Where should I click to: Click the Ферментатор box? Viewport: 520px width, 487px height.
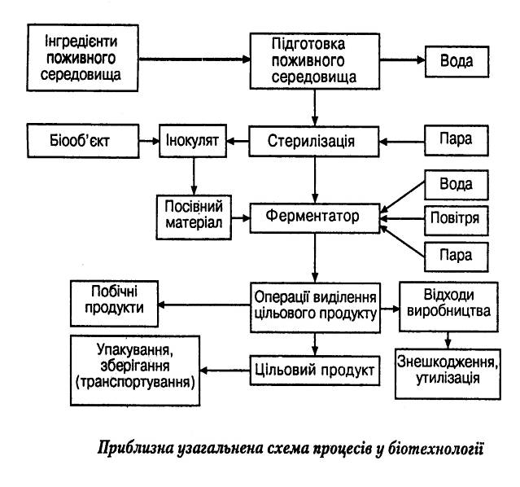click(x=314, y=218)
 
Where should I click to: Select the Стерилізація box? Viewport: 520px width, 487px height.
click(x=314, y=142)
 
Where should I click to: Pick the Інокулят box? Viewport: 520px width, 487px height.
click(x=192, y=140)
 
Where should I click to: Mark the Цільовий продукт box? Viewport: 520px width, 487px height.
click(x=313, y=371)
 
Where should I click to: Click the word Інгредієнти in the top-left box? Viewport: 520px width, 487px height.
click(x=74, y=42)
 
